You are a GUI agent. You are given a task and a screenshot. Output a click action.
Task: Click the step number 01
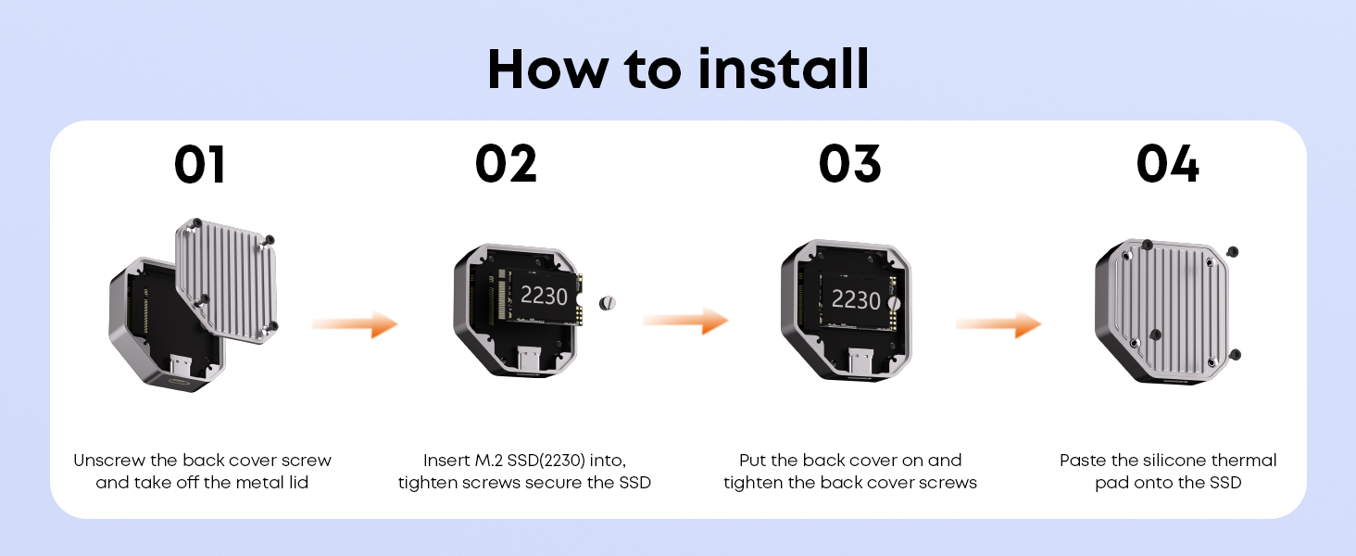pos(199,164)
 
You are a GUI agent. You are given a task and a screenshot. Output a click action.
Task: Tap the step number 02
pos(506,164)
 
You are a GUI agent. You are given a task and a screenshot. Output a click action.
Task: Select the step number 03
pos(850,164)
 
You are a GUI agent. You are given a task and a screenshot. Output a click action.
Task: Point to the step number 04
pos(1168,164)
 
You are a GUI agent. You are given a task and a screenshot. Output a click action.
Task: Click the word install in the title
pos(784,69)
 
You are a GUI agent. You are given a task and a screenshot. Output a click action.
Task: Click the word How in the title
pos(547,69)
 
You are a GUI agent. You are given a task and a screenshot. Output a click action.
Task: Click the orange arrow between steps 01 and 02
pos(355,324)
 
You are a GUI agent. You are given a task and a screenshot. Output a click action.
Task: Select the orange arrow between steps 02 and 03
pos(685,321)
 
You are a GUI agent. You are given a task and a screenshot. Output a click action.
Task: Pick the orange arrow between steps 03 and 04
pos(998,324)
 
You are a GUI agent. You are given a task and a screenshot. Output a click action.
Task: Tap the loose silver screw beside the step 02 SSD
pos(608,303)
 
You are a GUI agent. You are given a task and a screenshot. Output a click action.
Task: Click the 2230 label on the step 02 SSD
pos(544,297)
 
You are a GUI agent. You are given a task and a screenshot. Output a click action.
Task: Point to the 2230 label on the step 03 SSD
pos(855,300)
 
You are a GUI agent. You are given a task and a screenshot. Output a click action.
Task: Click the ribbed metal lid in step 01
pos(226,281)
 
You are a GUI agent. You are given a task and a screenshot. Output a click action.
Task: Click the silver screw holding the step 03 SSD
pos(894,303)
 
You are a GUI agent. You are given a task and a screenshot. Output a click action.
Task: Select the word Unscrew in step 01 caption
pos(109,461)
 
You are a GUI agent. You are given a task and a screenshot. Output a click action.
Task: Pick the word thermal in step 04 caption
pos(1244,461)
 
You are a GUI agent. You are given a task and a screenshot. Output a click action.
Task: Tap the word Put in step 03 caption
pos(752,461)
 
